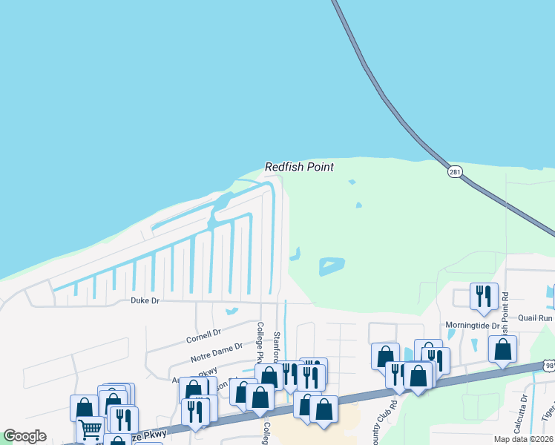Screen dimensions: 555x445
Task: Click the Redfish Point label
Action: click(x=299, y=167)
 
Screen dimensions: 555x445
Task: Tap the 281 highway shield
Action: click(x=455, y=171)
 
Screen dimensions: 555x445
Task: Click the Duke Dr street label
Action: click(x=145, y=300)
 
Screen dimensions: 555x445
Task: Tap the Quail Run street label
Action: click(x=535, y=318)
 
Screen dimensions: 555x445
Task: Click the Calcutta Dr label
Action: click(x=524, y=408)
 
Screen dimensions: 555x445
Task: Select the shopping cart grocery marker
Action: click(x=91, y=428)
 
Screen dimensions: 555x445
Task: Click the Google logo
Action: click(x=24, y=436)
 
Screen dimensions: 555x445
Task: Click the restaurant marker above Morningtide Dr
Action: click(x=484, y=296)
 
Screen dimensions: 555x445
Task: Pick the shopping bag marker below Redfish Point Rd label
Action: click(x=502, y=349)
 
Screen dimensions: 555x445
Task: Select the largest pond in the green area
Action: click(x=332, y=266)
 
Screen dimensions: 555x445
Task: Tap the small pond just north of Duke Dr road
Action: click(x=231, y=311)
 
